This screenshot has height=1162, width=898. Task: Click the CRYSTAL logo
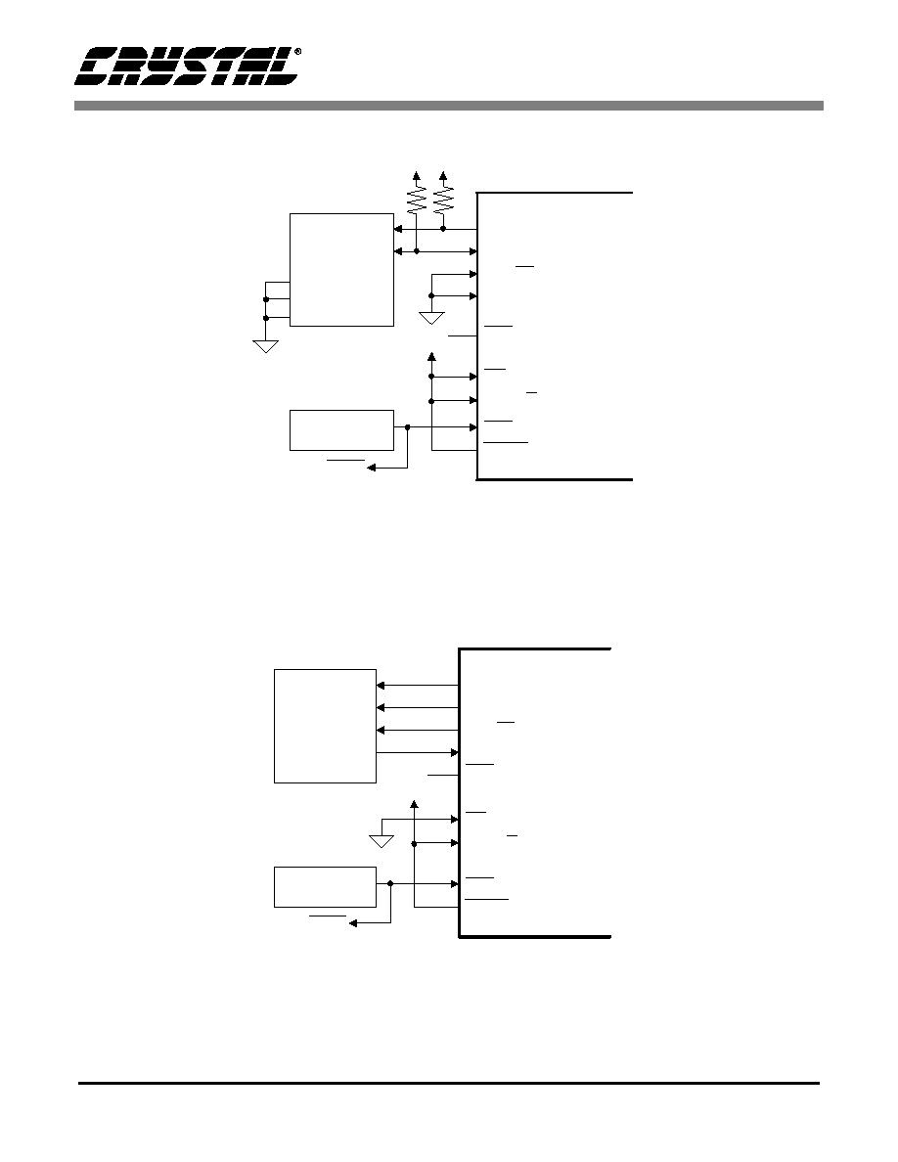(x=186, y=67)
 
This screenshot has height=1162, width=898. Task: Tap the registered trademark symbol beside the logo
(x=297, y=52)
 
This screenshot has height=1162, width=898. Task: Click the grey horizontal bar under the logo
(x=448, y=106)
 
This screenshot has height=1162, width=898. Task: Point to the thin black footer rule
(x=449, y=1083)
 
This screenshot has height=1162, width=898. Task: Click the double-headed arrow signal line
(x=435, y=252)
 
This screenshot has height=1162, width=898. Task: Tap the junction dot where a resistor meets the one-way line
(x=443, y=229)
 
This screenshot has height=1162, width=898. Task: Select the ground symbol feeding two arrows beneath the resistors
(x=431, y=319)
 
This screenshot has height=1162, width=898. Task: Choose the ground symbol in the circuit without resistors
(x=381, y=841)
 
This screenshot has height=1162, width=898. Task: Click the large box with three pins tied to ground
(x=341, y=270)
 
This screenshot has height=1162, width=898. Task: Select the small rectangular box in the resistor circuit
(x=341, y=429)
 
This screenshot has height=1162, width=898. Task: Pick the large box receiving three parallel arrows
(x=326, y=726)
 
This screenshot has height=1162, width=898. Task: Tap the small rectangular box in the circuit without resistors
(x=326, y=886)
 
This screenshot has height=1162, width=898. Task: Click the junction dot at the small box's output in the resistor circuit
(x=408, y=426)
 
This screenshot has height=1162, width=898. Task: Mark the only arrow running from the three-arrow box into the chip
(x=418, y=753)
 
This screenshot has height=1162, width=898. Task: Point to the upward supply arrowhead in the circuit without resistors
(x=414, y=805)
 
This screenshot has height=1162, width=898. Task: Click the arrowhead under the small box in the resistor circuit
(x=372, y=468)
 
